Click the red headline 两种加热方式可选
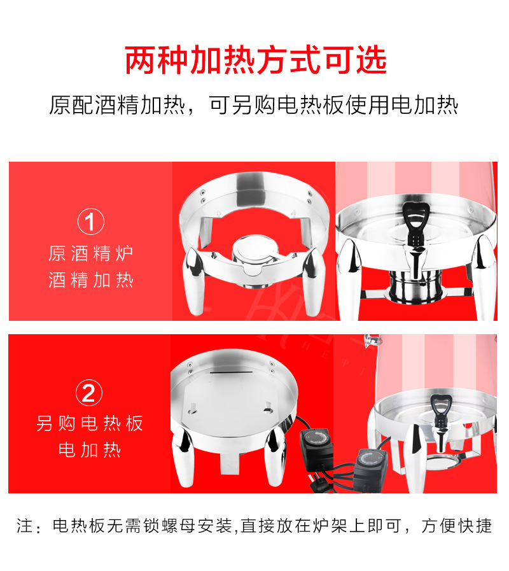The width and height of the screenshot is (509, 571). pyautogui.click(x=256, y=60)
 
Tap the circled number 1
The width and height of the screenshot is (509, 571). pyautogui.click(x=90, y=222)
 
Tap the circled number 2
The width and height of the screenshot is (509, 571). pyautogui.click(x=89, y=393)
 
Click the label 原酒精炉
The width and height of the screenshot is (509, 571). pyautogui.click(x=91, y=253)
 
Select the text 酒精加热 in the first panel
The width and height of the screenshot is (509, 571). pyautogui.click(x=91, y=279)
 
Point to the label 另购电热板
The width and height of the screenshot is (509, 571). pyautogui.click(x=89, y=423)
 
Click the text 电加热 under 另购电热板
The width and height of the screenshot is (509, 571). pyautogui.click(x=89, y=450)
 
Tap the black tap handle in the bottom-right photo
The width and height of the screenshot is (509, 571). pyautogui.click(x=440, y=407)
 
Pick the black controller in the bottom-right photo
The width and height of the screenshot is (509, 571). pyautogui.click(x=371, y=470)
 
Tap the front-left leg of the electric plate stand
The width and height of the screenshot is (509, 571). pyautogui.click(x=183, y=457)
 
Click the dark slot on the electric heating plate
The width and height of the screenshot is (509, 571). pyautogui.click(x=231, y=372)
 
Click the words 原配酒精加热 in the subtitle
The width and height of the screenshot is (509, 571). pyautogui.click(x=117, y=105)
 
